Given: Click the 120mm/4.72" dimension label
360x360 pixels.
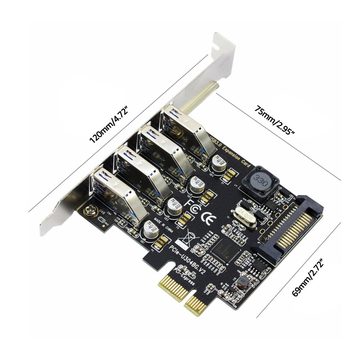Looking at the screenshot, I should (109, 124).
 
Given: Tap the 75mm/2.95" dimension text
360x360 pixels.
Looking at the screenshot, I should (275, 120).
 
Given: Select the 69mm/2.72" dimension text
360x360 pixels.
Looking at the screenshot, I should (310, 275).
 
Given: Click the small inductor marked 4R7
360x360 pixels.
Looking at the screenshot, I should (243, 283).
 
